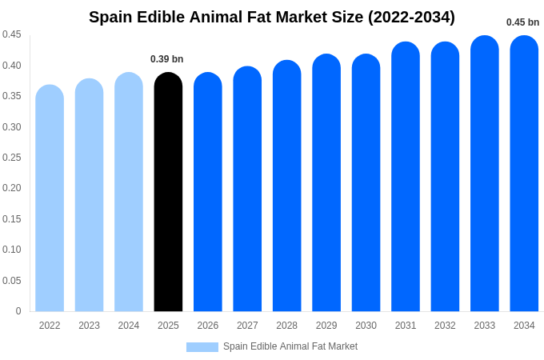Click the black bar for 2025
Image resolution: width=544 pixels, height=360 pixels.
(x=168, y=192)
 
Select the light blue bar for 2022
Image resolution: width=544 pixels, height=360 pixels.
(x=50, y=198)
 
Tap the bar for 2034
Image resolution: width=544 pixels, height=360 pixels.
(x=524, y=174)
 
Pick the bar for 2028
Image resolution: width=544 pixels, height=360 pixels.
(x=286, y=186)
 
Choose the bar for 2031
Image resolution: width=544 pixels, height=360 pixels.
(x=406, y=177)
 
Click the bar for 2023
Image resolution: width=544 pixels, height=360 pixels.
(x=89, y=195)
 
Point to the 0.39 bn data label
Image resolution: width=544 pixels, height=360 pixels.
(x=166, y=59)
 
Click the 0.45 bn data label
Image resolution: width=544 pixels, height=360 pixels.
(x=522, y=22)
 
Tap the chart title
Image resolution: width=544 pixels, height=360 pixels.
(x=272, y=17)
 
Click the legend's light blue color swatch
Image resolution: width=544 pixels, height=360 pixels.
(x=202, y=347)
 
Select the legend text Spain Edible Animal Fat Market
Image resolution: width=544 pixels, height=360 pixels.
(x=290, y=346)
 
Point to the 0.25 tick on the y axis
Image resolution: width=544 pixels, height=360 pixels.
(x=12, y=158)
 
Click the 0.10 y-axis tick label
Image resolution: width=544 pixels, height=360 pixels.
(x=12, y=250)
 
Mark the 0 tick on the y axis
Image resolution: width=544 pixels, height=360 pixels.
(x=18, y=311)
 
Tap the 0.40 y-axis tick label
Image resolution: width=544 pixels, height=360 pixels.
(x=12, y=66)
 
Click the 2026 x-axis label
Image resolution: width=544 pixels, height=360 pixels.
(x=208, y=326)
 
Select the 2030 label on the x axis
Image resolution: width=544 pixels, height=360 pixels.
(x=366, y=326)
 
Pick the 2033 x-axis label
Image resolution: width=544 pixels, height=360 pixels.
(x=485, y=326)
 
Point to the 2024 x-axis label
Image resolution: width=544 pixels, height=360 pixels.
(x=129, y=326)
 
